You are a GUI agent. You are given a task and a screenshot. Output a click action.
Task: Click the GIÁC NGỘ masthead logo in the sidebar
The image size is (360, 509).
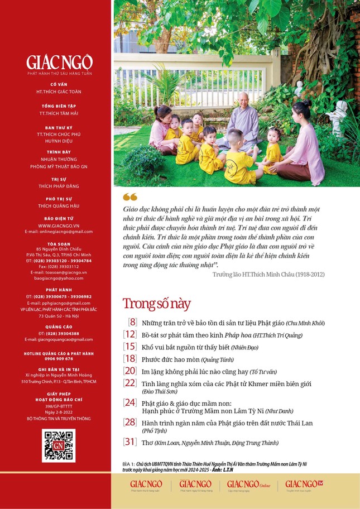pos(59,62)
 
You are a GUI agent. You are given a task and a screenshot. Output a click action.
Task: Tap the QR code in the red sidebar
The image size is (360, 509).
pos(59,445)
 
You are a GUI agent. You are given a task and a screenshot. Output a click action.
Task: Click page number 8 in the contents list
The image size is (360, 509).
pos(132,322)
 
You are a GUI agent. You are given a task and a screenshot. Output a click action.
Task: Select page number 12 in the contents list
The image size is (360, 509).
pos(130,334)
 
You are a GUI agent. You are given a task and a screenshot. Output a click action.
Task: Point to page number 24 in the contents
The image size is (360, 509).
pos(130,402)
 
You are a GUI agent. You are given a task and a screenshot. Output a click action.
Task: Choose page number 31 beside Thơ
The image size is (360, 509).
pos(130,442)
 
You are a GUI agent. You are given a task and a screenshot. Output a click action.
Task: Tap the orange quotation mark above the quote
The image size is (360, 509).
pos(129,196)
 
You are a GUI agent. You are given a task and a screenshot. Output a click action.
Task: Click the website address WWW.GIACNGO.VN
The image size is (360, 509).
pos(59,225)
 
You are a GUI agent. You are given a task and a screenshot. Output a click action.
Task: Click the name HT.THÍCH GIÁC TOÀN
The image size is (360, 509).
pos(59,91)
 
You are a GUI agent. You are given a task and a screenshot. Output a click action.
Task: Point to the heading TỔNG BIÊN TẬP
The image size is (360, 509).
pos(59,105)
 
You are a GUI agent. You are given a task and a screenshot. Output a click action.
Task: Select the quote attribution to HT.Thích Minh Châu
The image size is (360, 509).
pos(268,275)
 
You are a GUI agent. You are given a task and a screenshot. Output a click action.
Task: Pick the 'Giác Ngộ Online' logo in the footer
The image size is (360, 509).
pos(248,485)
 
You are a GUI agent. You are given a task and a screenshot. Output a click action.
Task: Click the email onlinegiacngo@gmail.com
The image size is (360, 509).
pos(59,232)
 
